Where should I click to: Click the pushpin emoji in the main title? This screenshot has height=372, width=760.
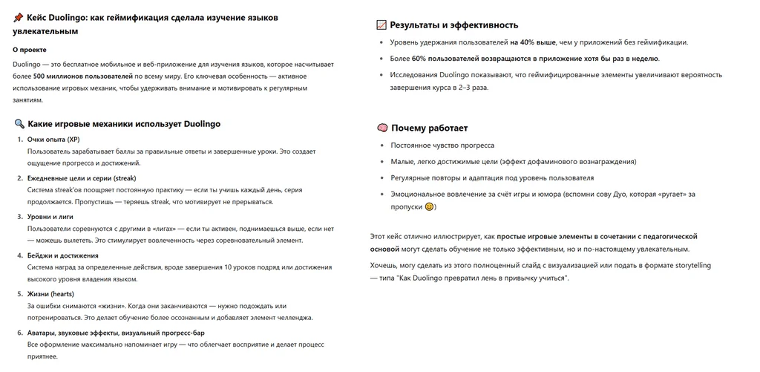coord(18,17)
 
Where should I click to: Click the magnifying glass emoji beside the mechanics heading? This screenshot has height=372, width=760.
coord(19,124)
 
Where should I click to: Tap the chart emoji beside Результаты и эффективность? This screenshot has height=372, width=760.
coord(382,25)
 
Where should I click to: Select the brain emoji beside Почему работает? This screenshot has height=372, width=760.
coord(382,128)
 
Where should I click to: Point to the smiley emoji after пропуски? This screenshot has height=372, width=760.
coord(429,206)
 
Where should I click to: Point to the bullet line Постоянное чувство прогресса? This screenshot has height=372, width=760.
coord(442,145)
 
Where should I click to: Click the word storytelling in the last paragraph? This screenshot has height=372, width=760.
coord(696,263)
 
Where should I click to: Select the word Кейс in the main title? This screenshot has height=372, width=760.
coord(38,17)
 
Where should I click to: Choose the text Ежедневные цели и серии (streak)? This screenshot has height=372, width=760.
coord(82,178)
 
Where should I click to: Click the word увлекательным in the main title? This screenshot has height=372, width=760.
coord(45,32)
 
